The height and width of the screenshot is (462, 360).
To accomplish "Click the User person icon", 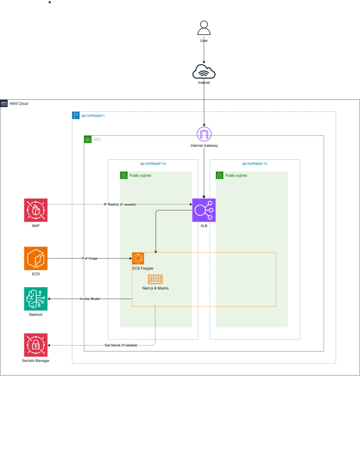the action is (204, 28).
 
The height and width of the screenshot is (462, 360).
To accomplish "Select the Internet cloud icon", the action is (204, 71).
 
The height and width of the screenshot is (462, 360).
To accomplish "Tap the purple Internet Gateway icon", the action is (204, 134).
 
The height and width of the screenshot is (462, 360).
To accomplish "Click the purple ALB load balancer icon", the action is (204, 210).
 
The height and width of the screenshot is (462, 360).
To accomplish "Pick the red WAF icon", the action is (36, 210).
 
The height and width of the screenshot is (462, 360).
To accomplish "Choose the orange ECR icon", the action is (36, 258).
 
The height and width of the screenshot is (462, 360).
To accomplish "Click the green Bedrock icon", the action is (36, 299).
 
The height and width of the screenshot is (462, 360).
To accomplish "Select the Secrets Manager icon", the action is (36, 345).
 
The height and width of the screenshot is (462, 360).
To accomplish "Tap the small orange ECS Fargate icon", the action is (138, 258).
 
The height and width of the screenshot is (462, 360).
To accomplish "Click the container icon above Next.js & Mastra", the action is (155, 280).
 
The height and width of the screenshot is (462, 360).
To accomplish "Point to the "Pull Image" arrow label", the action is (90, 258).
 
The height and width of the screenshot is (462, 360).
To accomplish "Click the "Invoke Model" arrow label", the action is (90, 299).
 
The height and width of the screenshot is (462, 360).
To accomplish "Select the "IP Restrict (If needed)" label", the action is (120, 204).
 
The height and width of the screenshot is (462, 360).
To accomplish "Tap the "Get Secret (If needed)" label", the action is (121, 345).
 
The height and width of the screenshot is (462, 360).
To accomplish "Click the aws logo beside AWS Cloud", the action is (4, 103).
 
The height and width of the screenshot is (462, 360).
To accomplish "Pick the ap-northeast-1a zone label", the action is (153, 163).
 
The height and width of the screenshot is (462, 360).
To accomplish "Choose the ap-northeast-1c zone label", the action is (255, 163).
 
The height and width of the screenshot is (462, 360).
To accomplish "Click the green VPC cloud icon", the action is (88, 140).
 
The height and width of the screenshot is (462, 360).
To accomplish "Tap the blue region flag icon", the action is (76, 115).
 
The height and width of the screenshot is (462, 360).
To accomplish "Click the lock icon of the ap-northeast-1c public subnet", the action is (220, 176).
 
